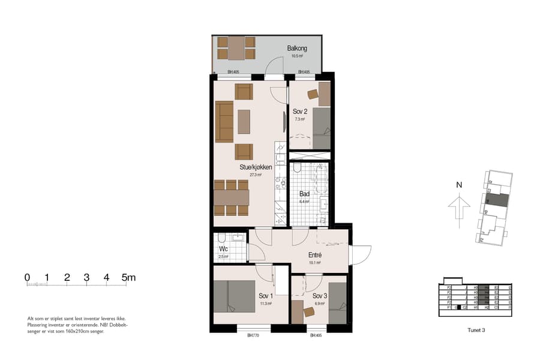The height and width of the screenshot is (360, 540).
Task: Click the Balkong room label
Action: coord(297,47)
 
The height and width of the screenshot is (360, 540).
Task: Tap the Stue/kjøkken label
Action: coord(256,167)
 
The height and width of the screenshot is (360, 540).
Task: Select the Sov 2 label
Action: coord(300,112)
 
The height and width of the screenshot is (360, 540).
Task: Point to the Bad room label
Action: coord(304,194)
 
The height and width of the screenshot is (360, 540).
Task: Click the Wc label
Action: coord(223,248)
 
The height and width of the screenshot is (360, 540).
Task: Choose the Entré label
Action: coord(315,254)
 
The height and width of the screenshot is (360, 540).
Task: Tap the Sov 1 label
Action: coord(266,296)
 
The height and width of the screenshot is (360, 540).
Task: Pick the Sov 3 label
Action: coord(320,296)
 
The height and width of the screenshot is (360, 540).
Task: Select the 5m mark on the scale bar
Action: coord(128,277)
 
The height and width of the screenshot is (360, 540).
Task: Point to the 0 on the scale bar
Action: coord(27,277)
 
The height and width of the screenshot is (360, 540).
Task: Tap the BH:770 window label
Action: coord(253,335)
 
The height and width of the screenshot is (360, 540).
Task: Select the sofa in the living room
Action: coord(224,121)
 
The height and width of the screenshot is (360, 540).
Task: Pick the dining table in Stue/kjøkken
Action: coord(231,197)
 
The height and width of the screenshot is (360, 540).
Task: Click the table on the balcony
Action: coord(236,48)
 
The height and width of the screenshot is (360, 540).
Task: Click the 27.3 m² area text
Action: coord(256,175)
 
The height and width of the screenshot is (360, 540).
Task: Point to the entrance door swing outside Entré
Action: coord(360,255)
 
